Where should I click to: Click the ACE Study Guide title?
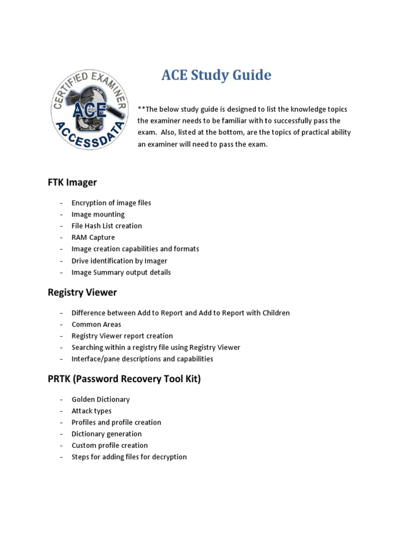point(216,76)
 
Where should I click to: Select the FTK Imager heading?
point(72,182)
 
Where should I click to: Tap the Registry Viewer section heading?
point(82,292)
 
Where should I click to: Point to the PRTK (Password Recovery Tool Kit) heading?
point(124,379)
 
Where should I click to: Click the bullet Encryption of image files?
point(111,203)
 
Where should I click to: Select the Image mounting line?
point(98,214)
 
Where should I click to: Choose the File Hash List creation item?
point(107,226)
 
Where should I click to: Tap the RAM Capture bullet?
point(93,238)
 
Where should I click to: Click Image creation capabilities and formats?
point(135,249)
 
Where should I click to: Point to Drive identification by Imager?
point(119,260)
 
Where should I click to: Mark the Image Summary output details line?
point(121,272)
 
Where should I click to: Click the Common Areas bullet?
point(96,324)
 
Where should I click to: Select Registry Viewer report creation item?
point(122,336)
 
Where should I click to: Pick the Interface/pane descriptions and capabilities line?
point(142,359)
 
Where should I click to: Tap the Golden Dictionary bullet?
point(100,400)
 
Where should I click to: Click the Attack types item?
point(91,411)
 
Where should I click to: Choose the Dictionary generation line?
point(107,434)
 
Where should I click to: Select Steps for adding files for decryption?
point(129,457)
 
